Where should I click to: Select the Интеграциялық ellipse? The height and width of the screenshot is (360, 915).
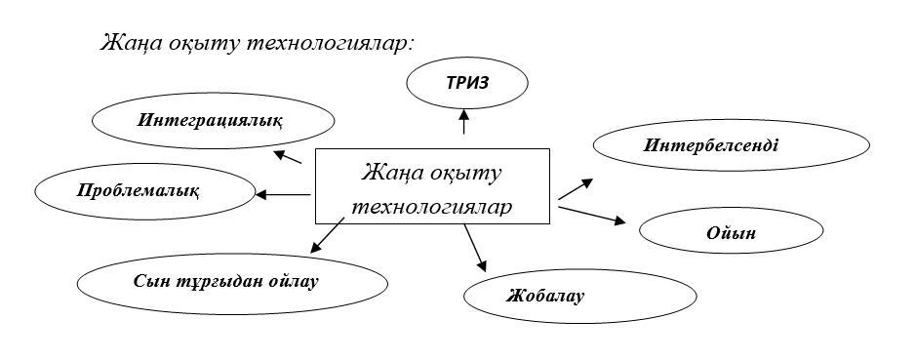[x=209, y=122]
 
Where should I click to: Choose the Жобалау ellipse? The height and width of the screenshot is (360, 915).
[x=544, y=295]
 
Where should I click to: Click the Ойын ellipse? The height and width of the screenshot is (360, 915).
[x=731, y=233]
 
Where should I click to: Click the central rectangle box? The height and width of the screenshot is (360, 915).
[x=431, y=186]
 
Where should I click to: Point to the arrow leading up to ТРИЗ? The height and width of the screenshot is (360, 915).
[x=463, y=122]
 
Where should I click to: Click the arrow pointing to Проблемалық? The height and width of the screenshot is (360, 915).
[x=282, y=194]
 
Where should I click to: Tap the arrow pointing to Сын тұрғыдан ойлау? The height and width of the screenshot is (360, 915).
[x=328, y=235]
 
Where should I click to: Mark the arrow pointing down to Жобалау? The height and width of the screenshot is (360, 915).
[x=475, y=246]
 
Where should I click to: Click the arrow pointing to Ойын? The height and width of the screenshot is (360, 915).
[x=592, y=214]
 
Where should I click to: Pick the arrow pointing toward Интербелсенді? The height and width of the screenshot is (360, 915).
[x=576, y=189]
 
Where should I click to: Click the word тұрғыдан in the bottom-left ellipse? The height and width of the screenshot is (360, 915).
[x=213, y=282]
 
